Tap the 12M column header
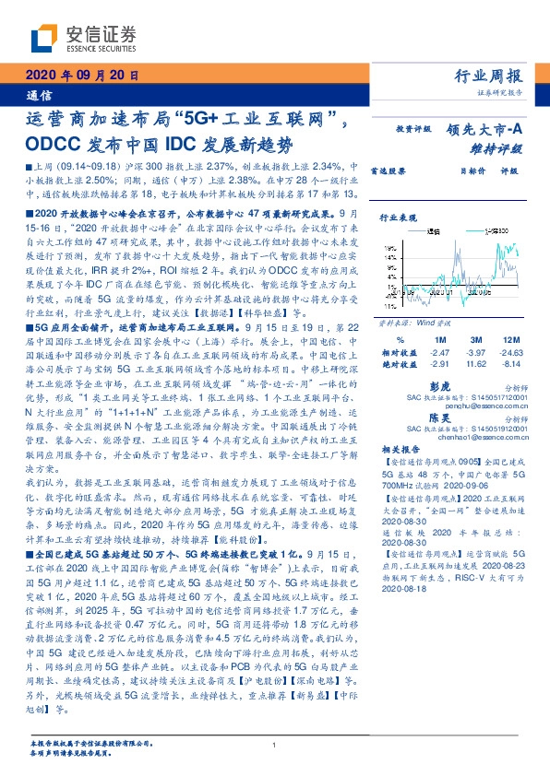[x=512, y=340]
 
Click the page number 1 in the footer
[x=275, y=745]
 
